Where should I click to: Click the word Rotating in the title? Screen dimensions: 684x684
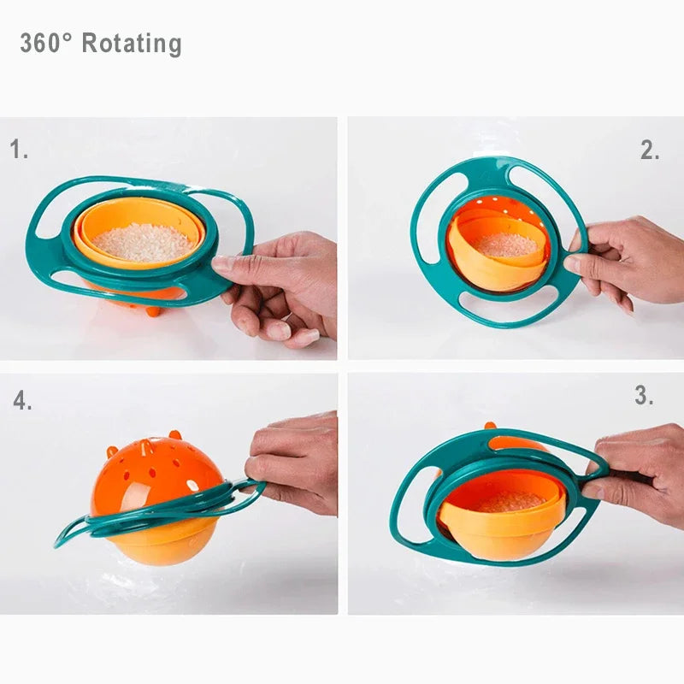coord(132,43)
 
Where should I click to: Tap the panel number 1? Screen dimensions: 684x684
coord(19,150)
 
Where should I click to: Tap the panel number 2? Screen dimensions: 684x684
coord(650,150)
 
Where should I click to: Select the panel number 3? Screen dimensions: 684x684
coord(644,395)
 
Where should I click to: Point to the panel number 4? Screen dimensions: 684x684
coord(22,401)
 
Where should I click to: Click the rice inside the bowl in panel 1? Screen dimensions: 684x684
coord(143,243)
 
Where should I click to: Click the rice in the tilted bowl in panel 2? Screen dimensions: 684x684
coord(507,245)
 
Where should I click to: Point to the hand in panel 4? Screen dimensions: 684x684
coord(295,462)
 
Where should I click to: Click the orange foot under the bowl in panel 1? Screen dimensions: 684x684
coord(154,310)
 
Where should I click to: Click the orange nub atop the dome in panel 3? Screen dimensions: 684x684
coord(490,425)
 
